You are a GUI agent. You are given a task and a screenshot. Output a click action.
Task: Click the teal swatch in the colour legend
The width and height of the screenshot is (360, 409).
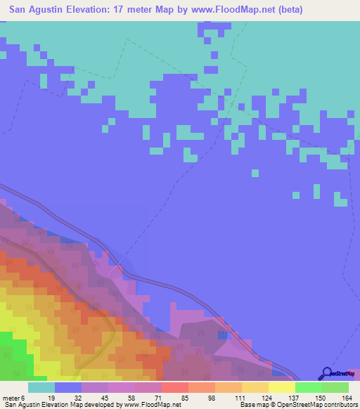(x=41, y=387)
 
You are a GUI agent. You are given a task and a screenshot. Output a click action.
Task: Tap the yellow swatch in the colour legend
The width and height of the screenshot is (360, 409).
(x=281, y=387)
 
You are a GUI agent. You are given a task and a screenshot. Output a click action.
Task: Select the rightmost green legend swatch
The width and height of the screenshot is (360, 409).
(x=335, y=387)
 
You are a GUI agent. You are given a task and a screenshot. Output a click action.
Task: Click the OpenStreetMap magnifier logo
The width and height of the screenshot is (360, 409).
(x=326, y=373)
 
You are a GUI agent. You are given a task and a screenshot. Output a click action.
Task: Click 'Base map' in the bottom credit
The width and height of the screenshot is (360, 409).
(x=253, y=405)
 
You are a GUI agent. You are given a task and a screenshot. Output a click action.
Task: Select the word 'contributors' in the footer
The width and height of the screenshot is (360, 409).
(x=337, y=405)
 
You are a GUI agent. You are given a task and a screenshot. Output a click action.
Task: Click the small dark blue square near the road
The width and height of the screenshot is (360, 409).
(x=223, y=335)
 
